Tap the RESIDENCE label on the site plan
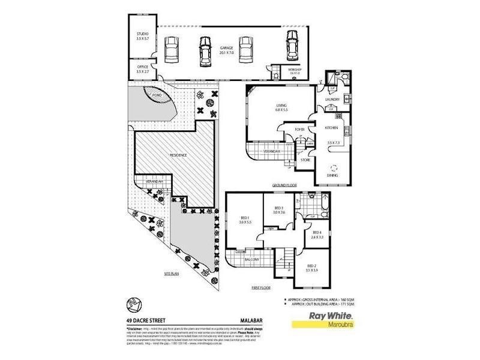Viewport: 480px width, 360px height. pos(178,155)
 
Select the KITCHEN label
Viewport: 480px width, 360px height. pos(332,128)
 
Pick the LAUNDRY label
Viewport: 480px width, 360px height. pos(332,100)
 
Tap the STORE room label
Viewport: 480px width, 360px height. pos(305,160)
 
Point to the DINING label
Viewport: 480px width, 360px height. pos(332,175)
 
